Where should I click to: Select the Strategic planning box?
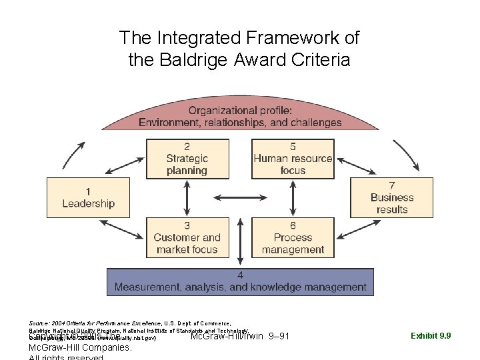click(x=187, y=159)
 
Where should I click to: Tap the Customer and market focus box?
click(x=187, y=237)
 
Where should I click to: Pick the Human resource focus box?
click(x=293, y=159)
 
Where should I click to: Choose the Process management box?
click(x=293, y=237)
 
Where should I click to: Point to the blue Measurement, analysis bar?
click(x=240, y=282)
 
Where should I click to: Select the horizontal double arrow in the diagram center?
click(x=240, y=197)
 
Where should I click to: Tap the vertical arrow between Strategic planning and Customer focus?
click(x=187, y=197)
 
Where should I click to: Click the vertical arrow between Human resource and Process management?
click(x=293, y=197)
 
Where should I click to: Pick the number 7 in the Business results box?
click(x=392, y=185)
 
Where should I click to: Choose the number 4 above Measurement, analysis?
click(x=240, y=275)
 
